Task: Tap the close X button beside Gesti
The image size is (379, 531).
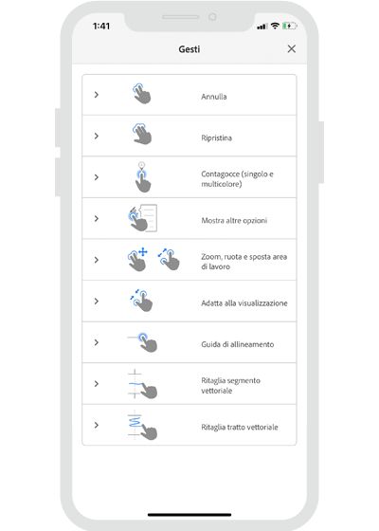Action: [x=291, y=48]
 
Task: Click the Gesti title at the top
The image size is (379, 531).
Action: [x=189, y=48]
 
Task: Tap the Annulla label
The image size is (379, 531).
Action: [x=214, y=96]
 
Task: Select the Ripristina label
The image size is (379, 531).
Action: [x=218, y=137]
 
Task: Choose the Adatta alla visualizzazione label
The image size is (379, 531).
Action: [x=244, y=302]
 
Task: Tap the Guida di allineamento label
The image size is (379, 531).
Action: [x=238, y=343]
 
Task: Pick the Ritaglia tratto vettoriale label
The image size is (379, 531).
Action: [x=240, y=427]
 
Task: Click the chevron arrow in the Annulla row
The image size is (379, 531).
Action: [x=97, y=95]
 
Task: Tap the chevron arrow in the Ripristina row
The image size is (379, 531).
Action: [x=97, y=137]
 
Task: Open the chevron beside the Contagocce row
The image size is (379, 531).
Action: [x=97, y=177]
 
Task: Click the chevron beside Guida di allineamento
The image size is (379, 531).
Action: [x=97, y=343]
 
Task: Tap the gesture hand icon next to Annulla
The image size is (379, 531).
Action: [x=141, y=94]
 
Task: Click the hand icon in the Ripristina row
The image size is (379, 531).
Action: [x=141, y=135]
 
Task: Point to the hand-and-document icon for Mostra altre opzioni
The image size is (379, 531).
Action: [x=140, y=218]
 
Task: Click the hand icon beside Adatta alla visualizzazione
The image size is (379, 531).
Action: [x=142, y=302]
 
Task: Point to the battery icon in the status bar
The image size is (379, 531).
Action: [x=288, y=26]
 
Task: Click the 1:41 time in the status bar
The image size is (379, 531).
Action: [x=100, y=26]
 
